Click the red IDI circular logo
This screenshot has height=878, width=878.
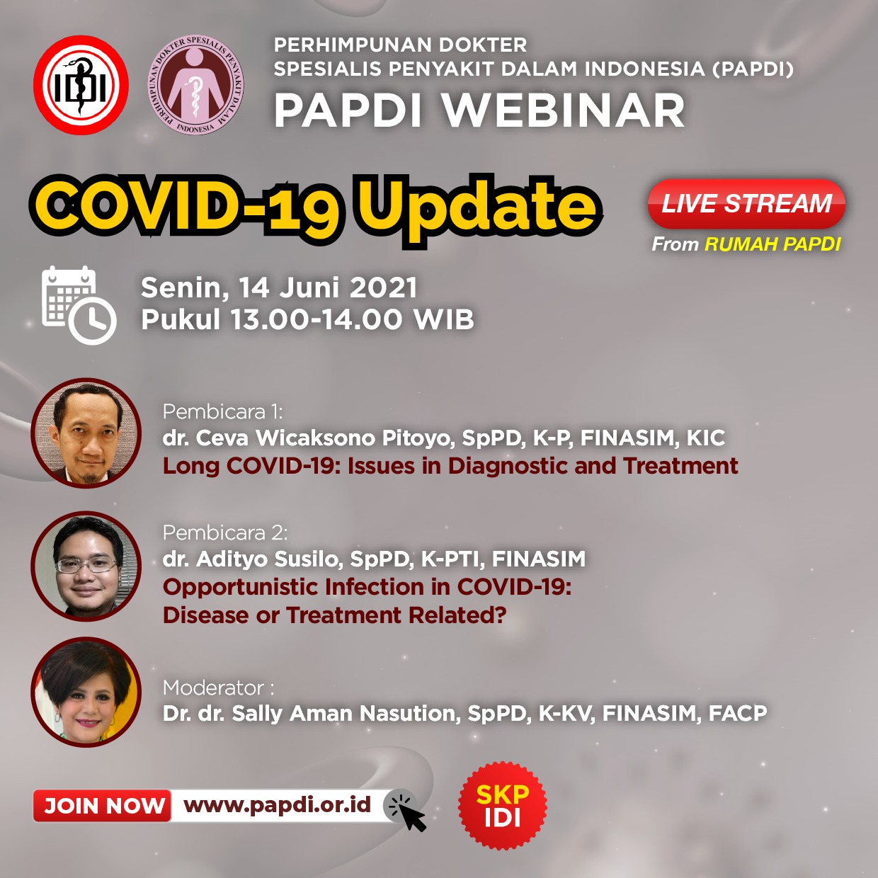[x=81, y=86]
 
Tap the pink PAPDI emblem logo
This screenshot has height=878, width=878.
[x=195, y=85]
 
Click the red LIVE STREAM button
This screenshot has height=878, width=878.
[x=746, y=204]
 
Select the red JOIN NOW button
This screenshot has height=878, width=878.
[x=103, y=806]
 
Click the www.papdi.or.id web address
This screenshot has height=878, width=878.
[x=277, y=805]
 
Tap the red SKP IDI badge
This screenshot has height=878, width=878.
[x=503, y=806]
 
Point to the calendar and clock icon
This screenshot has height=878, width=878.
[x=78, y=305]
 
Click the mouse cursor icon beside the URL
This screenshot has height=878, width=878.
[x=407, y=809]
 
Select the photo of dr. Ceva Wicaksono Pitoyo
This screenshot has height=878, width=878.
[x=86, y=433]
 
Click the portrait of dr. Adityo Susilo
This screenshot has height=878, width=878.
[x=86, y=566]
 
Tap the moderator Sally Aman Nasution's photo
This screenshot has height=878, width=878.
[x=86, y=692]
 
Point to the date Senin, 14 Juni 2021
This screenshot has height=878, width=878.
[x=279, y=288]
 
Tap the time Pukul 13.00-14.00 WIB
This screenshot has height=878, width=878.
[x=307, y=319]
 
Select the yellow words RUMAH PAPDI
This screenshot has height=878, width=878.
[x=772, y=244]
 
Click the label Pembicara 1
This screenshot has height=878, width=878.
[x=222, y=411]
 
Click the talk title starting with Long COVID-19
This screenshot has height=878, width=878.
[x=450, y=466]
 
